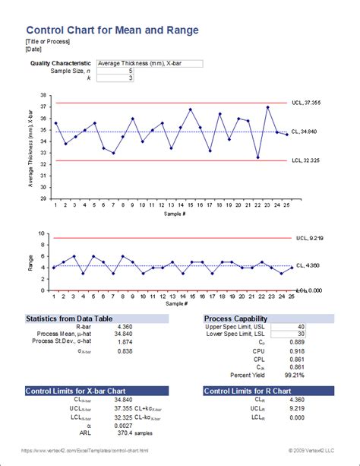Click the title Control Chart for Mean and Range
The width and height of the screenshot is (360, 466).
pyautogui.click(x=112, y=30)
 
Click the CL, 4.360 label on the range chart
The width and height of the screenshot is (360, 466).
pyautogui.click(x=311, y=265)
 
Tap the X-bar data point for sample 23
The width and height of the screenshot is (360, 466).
pyautogui.click(x=267, y=107)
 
